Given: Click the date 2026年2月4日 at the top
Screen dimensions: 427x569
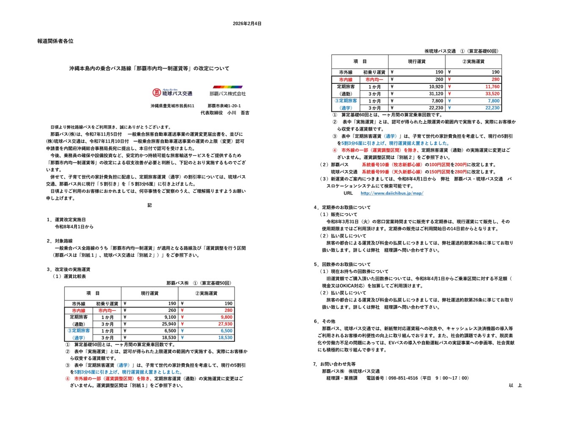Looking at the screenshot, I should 247,24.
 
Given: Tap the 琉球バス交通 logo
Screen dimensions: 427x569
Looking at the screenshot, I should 172,93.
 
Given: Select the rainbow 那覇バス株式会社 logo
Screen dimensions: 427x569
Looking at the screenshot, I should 227,91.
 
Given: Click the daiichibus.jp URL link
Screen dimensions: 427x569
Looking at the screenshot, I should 392,193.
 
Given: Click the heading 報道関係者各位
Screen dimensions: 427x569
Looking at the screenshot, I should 55,41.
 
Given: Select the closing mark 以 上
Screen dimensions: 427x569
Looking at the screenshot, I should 515,385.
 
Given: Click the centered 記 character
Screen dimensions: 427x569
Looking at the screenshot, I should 149,205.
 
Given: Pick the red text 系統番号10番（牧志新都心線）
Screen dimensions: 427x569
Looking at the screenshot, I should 392,165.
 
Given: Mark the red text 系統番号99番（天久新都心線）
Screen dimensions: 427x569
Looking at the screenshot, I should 392,172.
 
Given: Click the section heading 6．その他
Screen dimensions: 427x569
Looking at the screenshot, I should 324,321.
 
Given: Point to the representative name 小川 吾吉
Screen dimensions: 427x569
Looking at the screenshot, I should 238,113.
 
